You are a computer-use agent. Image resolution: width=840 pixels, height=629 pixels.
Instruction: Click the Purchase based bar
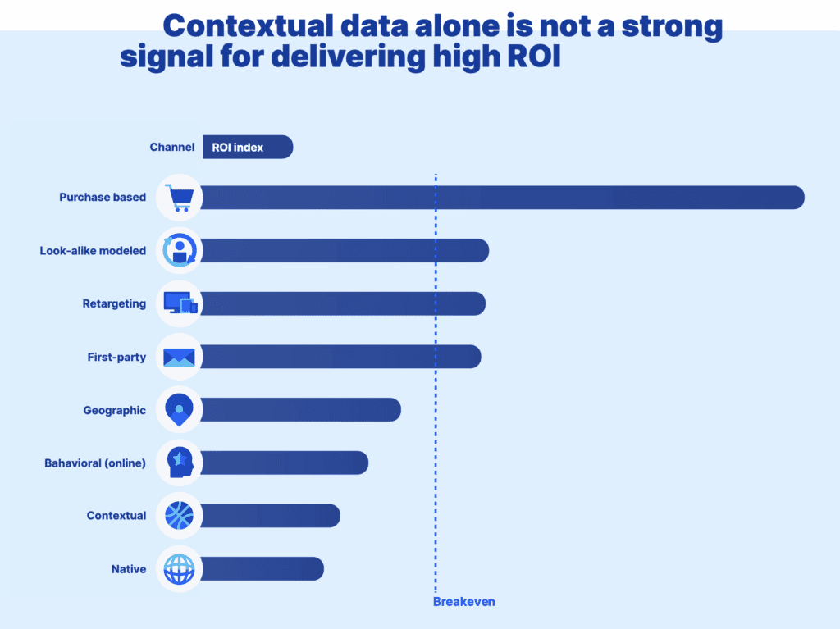[500, 198]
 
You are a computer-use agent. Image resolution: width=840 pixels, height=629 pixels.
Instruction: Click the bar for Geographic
[299, 410]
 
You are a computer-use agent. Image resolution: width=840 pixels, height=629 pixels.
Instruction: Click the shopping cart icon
[179, 198]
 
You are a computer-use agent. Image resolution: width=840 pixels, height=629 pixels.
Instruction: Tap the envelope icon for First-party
[179, 357]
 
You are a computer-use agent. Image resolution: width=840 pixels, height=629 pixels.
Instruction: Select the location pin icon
[179, 410]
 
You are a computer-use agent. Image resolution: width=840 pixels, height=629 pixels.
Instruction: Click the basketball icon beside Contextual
[179, 516]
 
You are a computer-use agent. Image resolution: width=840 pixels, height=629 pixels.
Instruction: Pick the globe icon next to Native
[179, 569]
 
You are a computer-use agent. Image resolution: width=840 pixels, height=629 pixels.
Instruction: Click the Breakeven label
[463, 602]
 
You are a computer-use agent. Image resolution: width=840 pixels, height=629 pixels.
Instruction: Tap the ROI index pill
[247, 148]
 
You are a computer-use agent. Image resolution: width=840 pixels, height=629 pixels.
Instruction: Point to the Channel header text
[172, 148]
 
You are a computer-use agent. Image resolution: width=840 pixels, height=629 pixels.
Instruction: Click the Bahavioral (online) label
[95, 463]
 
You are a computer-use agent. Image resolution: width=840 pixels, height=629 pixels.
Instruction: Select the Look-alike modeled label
[93, 251]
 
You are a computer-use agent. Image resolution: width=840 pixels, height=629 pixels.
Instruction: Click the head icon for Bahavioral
[179, 463]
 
